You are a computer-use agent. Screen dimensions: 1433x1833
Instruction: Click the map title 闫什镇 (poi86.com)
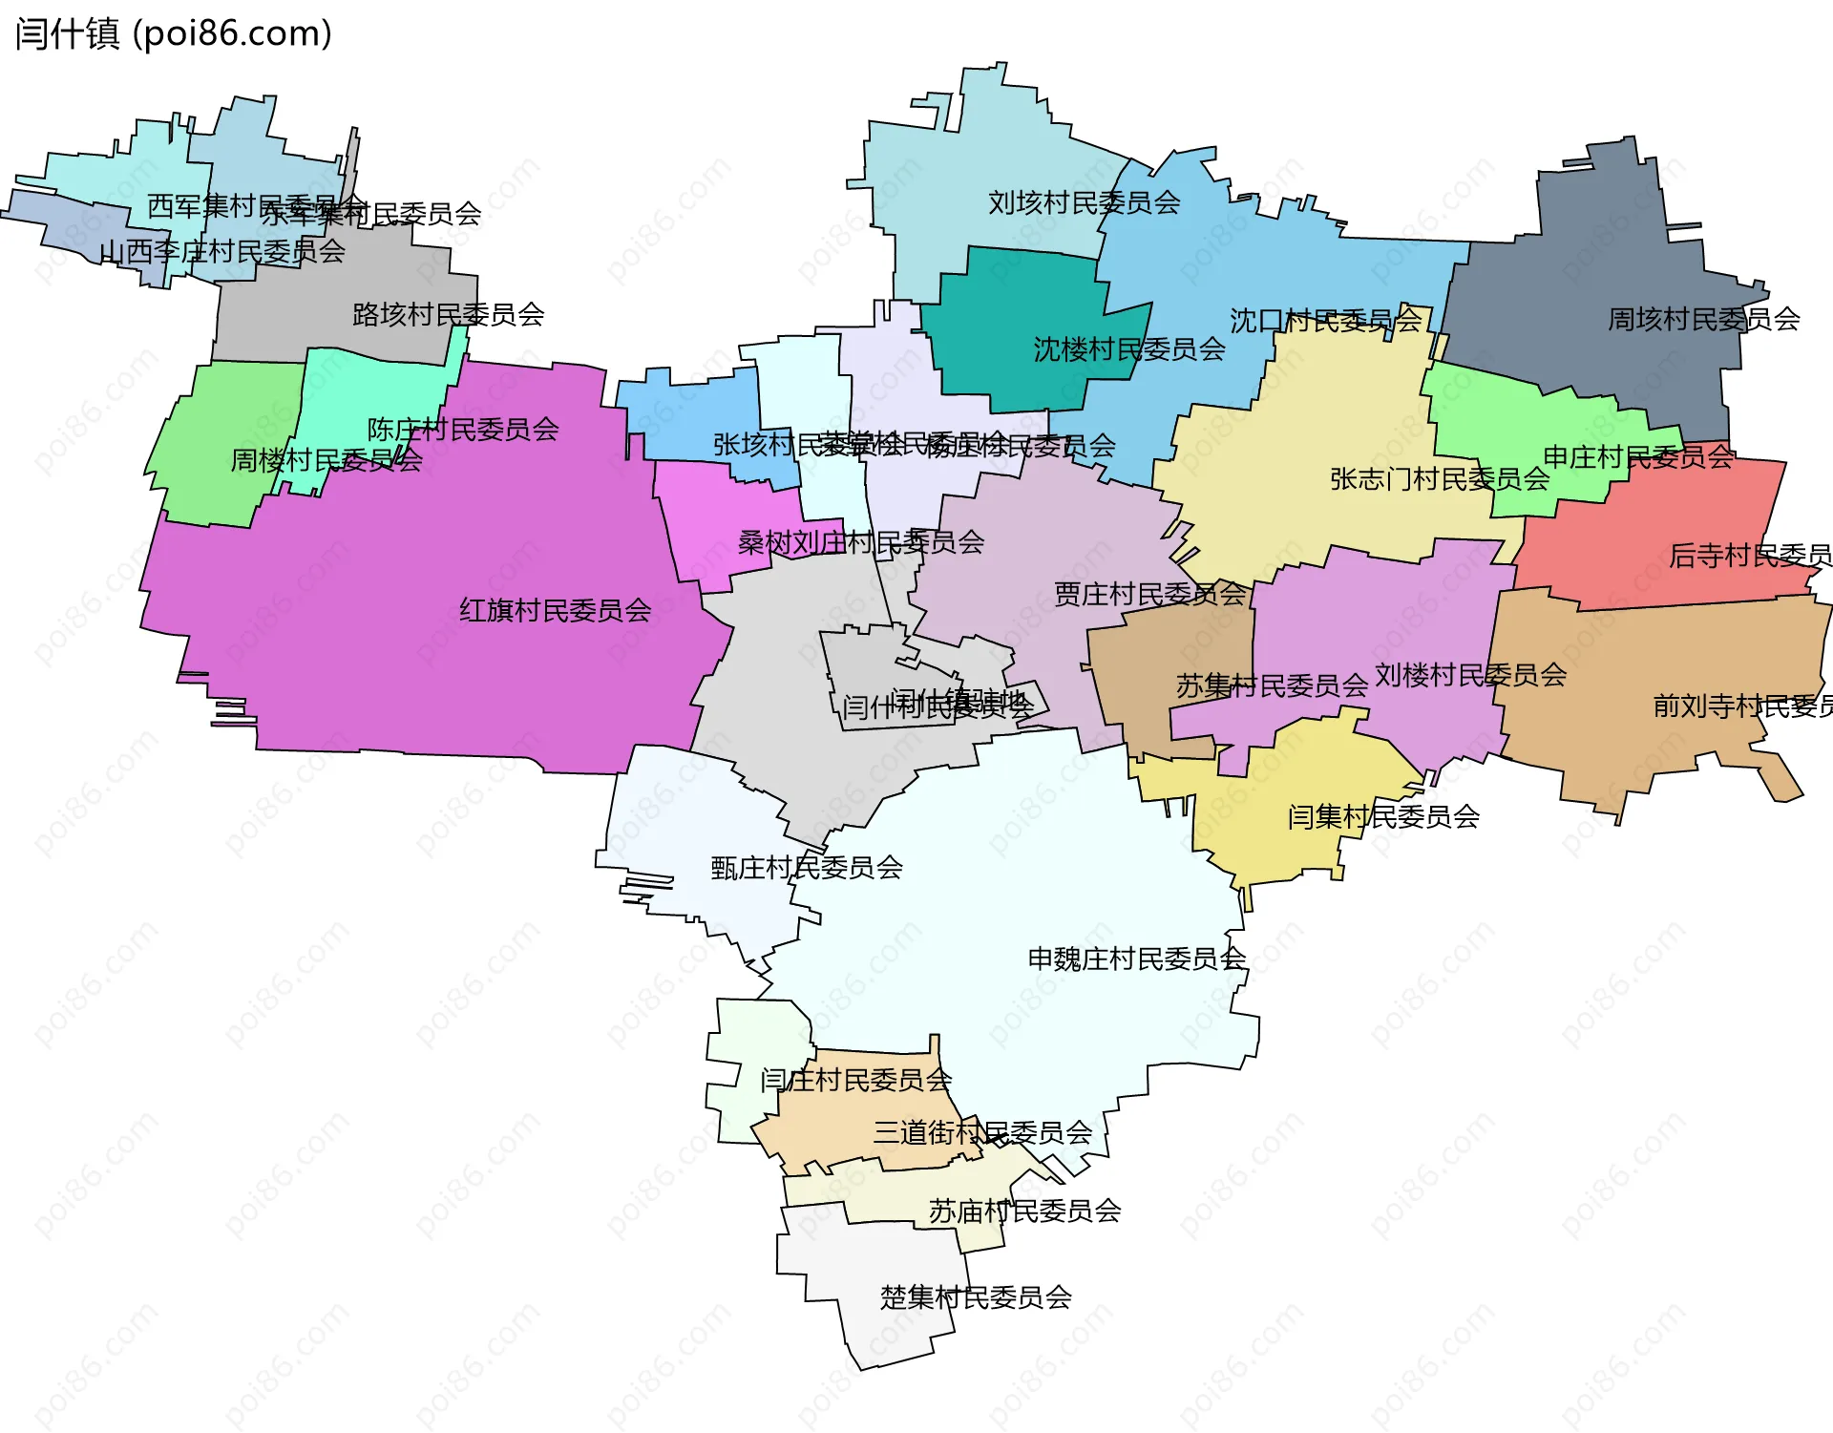173,33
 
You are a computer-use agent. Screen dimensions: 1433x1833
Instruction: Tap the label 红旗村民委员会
555,610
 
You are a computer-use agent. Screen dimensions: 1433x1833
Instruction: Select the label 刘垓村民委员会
1084,202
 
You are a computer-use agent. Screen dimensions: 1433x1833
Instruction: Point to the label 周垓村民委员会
1703,319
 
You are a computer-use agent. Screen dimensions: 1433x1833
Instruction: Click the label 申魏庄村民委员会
1136,958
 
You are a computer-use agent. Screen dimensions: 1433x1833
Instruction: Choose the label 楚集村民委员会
976,1296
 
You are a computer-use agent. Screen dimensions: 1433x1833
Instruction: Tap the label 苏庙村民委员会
1024,1211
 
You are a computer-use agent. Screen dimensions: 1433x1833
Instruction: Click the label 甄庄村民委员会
807,867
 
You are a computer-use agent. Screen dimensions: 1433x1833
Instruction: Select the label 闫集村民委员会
1383,816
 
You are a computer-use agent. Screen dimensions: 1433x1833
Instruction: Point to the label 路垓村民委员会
448,314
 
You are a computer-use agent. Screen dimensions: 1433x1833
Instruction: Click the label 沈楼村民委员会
1129,349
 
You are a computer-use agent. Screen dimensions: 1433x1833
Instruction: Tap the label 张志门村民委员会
1439,478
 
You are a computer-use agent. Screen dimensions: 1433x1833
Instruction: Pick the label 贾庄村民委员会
1149,594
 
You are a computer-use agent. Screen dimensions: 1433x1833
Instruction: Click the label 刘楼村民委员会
1470,675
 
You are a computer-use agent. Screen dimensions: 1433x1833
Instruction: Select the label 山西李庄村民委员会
221,251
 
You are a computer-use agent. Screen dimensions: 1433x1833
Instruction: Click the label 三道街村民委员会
981,1132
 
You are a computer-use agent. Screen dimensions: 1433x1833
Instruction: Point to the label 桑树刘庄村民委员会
860,542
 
